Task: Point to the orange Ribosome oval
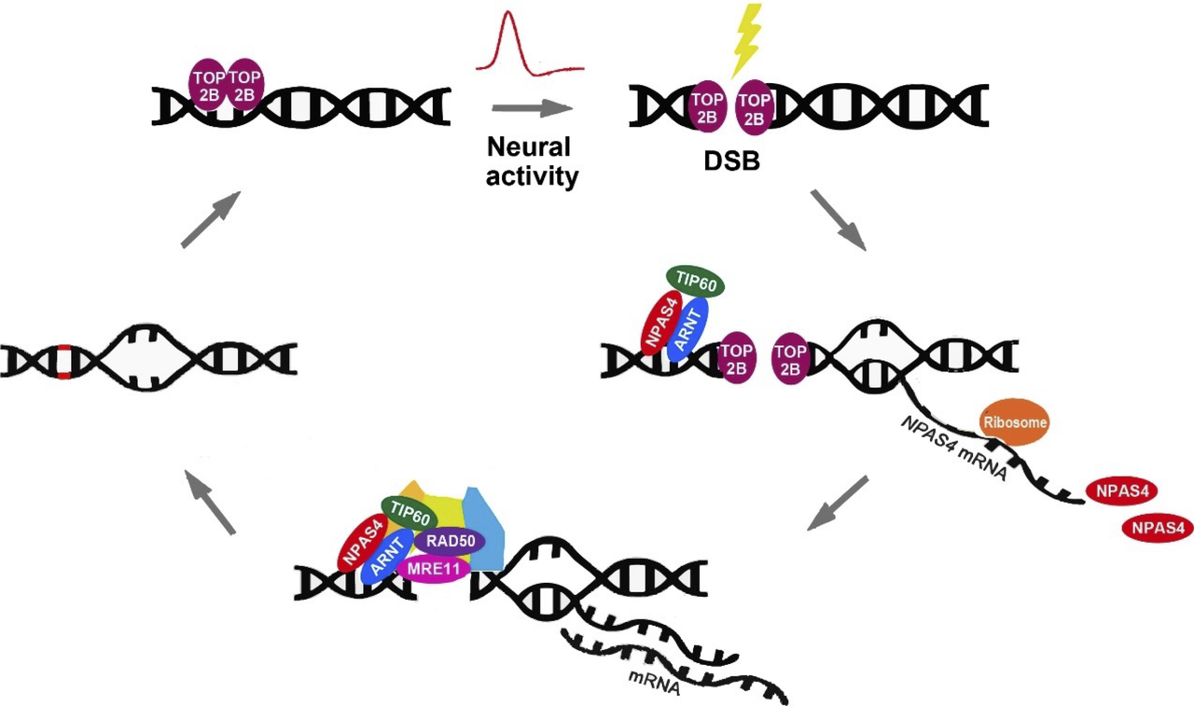(1014, 422)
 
